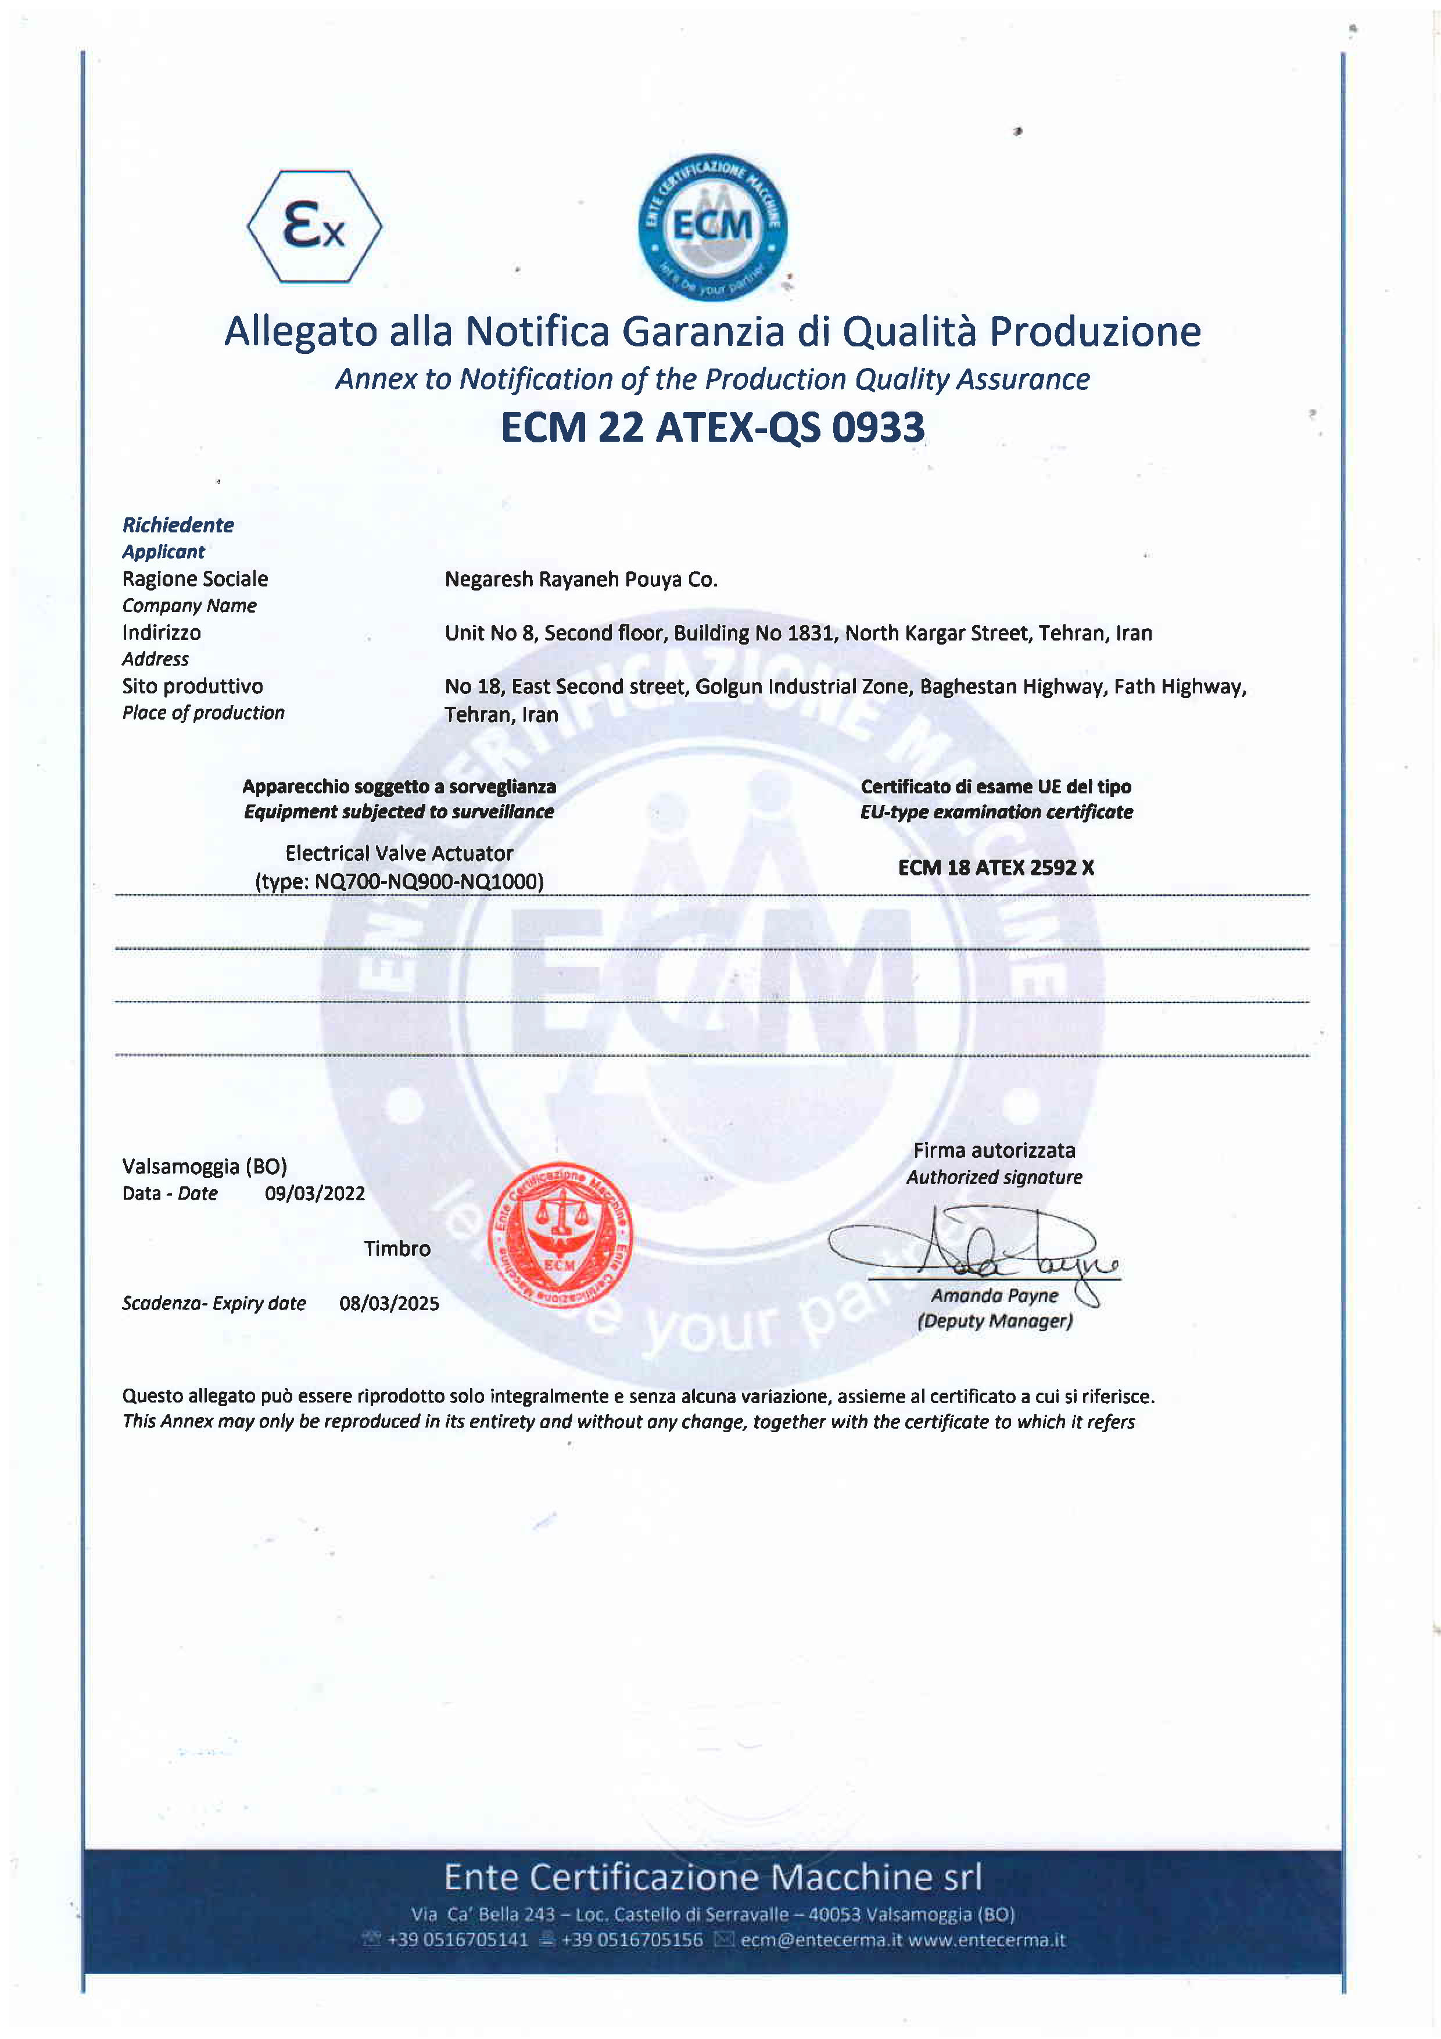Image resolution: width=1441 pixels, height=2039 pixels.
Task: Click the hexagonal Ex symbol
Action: [314, 227]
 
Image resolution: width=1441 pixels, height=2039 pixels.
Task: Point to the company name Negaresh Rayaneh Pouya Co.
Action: [580, 580]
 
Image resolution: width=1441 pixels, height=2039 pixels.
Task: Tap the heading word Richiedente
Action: [178, 525]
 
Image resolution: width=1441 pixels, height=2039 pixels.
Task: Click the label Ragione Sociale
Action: [195, 579]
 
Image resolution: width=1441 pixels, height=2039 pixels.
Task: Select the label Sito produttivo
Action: [193, 686]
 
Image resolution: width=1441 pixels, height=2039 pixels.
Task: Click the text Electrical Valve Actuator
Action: [399, 853]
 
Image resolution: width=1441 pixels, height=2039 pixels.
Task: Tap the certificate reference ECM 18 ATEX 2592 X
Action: [995, 868]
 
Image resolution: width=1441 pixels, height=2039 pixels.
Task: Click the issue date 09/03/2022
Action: [314, 1193]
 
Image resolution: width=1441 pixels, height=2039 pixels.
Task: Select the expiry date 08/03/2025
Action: [389, 1304]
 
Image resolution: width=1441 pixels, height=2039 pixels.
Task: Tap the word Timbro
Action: [397, 1249]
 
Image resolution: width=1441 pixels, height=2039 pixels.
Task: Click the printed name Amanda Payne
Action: [994, 1296]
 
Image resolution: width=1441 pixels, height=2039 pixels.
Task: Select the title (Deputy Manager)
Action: [994, 1321]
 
